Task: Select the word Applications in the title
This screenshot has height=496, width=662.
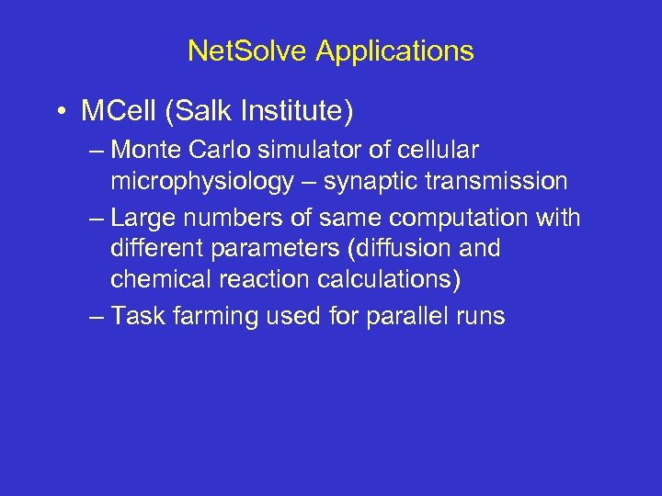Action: coord(394,51)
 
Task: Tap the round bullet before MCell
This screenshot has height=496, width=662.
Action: coord(60,112)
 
